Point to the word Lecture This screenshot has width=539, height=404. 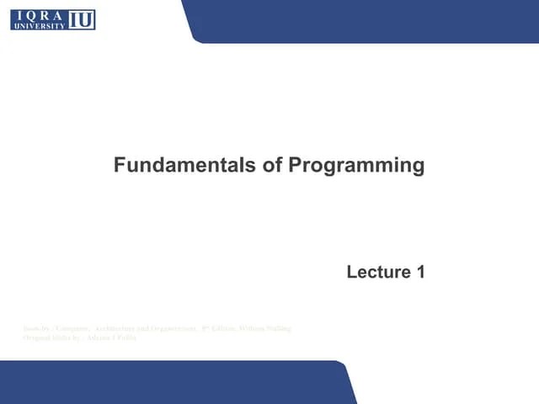(x=375, y=272)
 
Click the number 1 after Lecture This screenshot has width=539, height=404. (x=419, y=272)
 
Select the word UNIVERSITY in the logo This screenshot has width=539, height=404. (x=39, y=26)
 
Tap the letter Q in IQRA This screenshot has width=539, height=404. (x=31, y=14)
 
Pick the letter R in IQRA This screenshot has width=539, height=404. (x=45, y=14)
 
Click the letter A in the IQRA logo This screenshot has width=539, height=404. (x=61, y=14)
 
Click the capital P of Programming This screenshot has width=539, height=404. (x=295, y=165)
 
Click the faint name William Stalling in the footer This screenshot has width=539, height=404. (x=264, y=327)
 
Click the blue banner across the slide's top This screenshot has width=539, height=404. (x=362, y=20)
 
